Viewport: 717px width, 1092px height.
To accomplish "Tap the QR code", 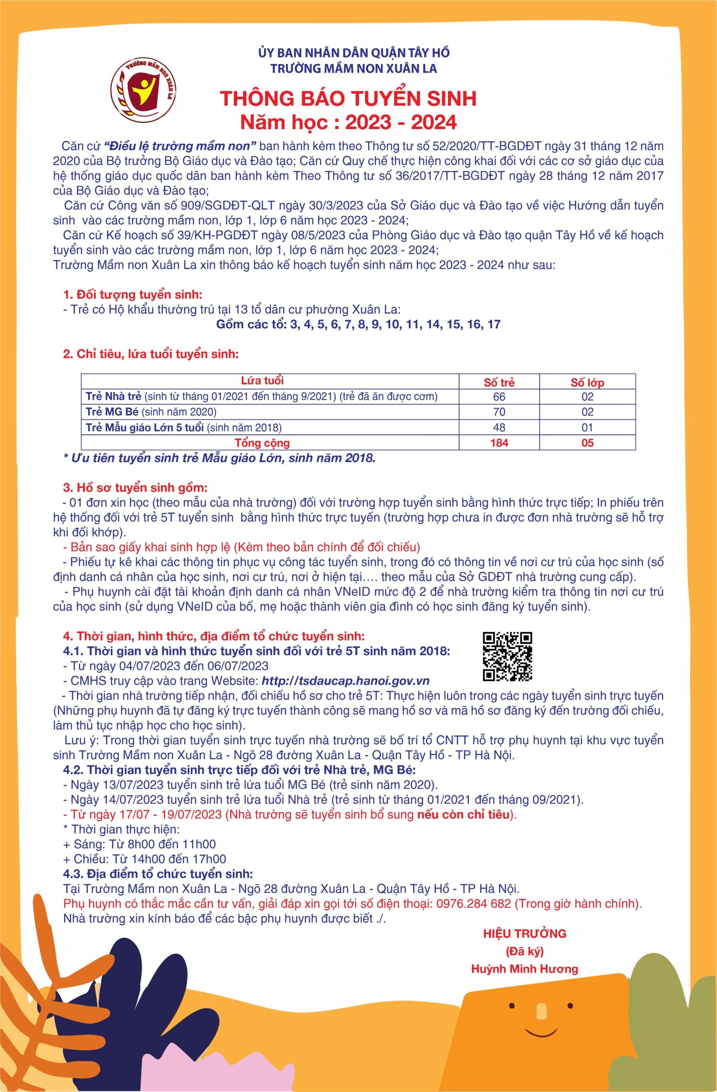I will click(508, 656).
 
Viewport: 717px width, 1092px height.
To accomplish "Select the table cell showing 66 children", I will click(499, 396).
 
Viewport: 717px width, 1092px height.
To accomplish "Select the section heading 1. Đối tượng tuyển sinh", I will click(133, 294).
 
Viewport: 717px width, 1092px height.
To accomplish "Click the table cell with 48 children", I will click(499, 427).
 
